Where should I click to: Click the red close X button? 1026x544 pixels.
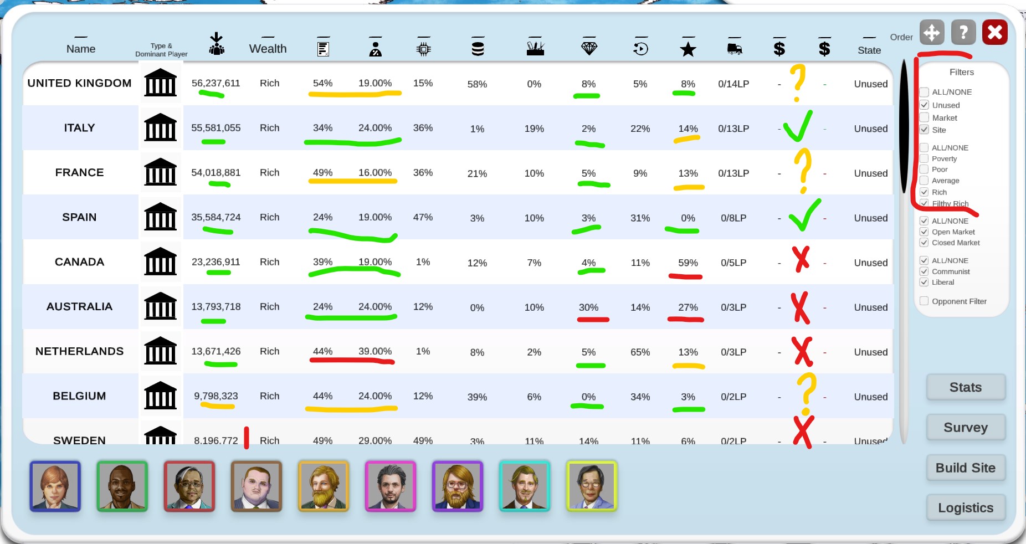click(x=994, y=33)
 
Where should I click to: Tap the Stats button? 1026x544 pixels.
click(x=965, y=387)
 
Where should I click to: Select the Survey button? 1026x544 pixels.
click(x=965, y=428)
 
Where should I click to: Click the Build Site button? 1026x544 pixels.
click(x=965, y=468)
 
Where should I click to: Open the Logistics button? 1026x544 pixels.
click(x=965, y=508)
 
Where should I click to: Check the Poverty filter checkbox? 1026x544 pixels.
click(x=924, y=159)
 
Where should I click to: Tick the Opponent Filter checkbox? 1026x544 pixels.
click(x=924, y=301)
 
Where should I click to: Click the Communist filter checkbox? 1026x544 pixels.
click(x=924, y=271)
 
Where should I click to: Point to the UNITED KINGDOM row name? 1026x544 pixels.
click(x=79, y=83)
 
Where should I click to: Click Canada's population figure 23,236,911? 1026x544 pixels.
click(x=216, y=262)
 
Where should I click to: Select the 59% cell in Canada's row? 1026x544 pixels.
click(x=688, y=263)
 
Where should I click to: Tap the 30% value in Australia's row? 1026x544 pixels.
click(x=588, y=307)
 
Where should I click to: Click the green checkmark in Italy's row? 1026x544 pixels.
click(x=798, y=126)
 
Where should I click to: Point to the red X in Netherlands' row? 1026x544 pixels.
click(x=802, y=351)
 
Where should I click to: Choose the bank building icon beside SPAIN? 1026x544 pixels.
click(x=160, y=217)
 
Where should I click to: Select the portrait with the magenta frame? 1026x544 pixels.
click(x=391, y=486)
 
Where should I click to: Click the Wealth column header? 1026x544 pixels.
click(x=268, y=49)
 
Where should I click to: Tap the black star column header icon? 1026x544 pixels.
click(x=688, y=49)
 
